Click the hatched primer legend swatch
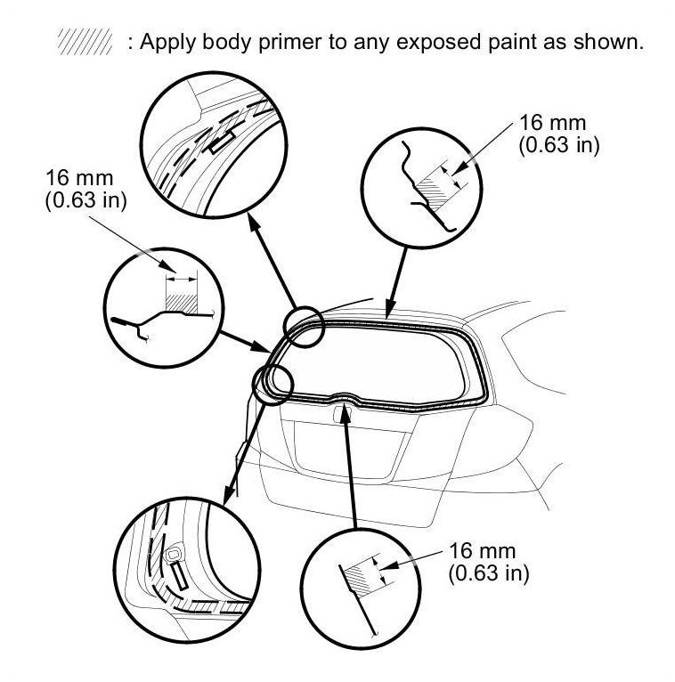point(85,43)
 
